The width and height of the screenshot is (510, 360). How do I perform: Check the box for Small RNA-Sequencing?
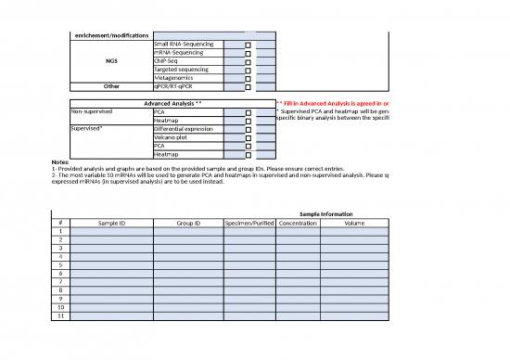(x=248, y=44)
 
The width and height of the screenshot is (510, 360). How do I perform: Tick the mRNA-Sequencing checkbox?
(x=248, y=53)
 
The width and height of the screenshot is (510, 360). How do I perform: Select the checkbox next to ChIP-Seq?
(x=248, y=61)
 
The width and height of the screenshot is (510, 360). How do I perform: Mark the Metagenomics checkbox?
(x=248, y=78)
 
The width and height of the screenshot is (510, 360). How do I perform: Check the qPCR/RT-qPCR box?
(x=248, y=86)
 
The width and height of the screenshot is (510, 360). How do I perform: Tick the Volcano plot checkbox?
(x=248, y=137)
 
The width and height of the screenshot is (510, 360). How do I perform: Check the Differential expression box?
(x=248, y=129)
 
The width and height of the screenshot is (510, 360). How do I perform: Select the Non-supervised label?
(x=93, y=111)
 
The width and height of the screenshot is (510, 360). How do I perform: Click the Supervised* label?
(x=88, y=129)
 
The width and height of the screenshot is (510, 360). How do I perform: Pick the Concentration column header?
(x=298, y=223)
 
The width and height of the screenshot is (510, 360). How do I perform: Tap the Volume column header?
(x=354, y=223)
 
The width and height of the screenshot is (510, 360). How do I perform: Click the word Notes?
(x=58, y=162)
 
